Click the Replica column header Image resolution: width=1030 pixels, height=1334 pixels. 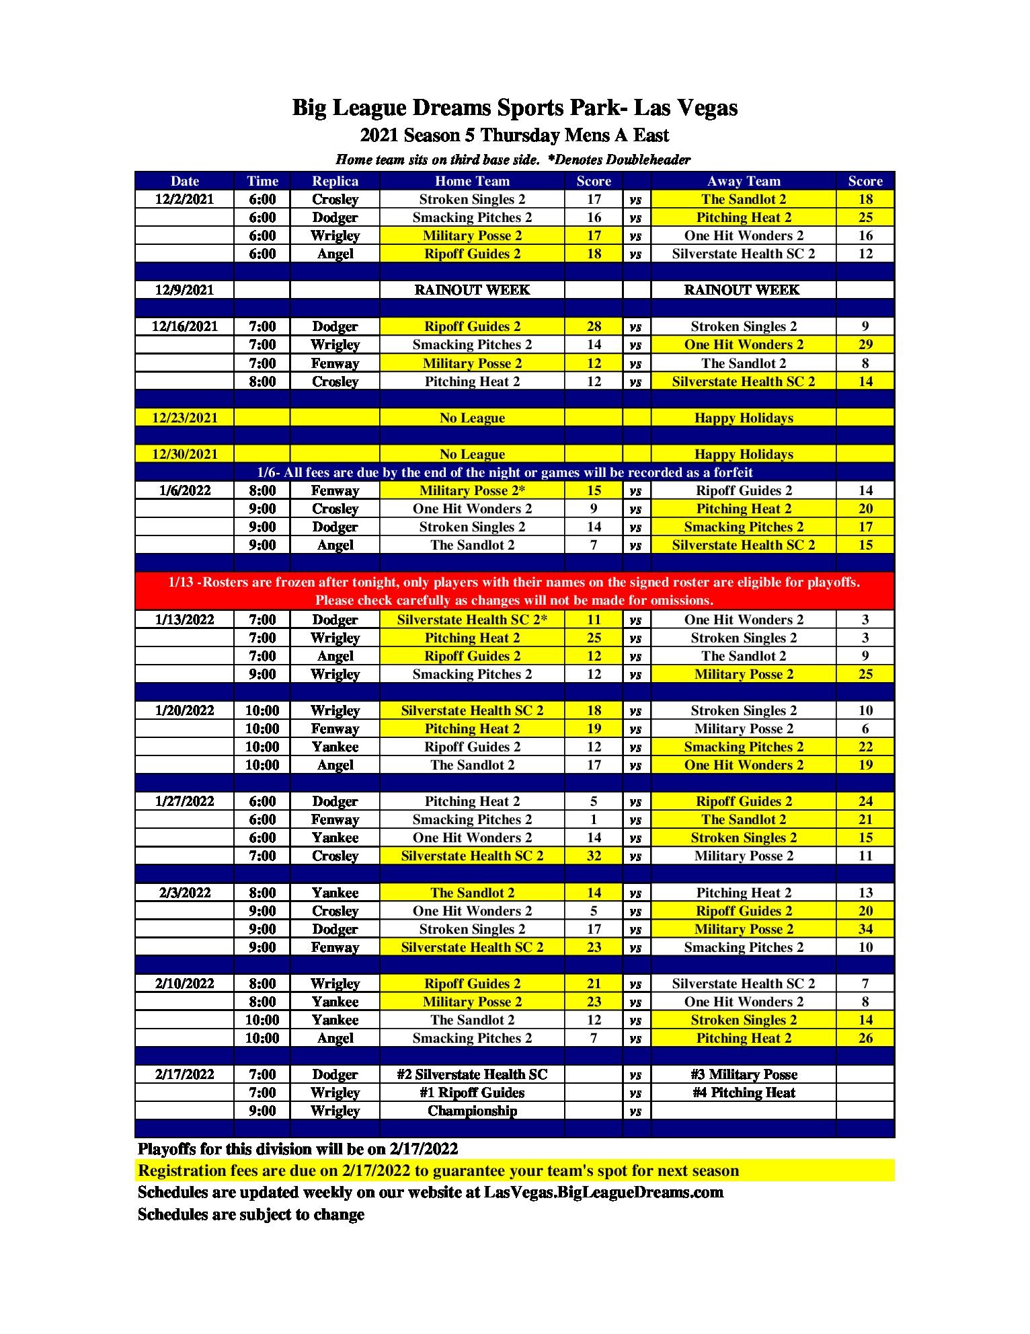(335, 181)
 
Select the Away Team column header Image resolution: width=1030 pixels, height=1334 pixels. (744, 181)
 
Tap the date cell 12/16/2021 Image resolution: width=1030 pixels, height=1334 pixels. (185, 326)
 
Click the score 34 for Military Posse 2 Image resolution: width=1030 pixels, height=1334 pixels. (865, 929)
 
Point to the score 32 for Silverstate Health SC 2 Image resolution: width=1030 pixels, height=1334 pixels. (594, 856)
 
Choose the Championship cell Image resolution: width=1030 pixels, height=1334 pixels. (472, 1111)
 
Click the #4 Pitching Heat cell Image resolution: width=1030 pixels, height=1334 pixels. (744, 1092)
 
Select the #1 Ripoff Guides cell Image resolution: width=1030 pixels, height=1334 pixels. (472, 1092)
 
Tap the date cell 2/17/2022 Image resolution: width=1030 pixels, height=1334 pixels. (185, 1074)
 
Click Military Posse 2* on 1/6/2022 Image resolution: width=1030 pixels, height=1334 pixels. (472, 490)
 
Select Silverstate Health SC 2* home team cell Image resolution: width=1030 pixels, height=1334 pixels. (472, 620)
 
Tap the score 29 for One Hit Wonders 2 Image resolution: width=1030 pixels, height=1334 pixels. (865, 344)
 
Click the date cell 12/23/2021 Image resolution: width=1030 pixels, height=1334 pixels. (185, 418)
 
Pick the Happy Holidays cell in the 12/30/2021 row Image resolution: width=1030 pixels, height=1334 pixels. (744, 454)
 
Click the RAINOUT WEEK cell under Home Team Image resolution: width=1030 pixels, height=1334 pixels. (472, 290)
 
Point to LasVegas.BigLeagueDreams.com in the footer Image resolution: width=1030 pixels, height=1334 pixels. (604, 1192)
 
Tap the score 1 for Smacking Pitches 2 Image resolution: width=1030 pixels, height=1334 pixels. (594, 819)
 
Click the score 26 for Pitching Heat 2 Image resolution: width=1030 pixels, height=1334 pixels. (865, 1038)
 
